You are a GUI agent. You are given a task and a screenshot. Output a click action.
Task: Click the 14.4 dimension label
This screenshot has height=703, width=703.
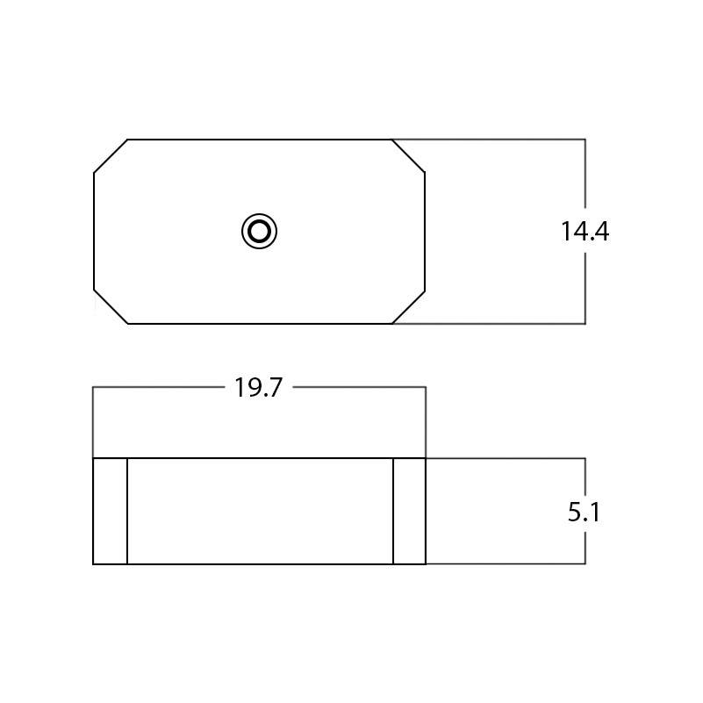coord(585,232)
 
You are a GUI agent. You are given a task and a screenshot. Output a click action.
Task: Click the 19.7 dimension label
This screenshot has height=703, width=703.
coord(258,388)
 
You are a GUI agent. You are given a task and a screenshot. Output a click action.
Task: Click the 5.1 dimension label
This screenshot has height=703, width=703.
coord(584,512)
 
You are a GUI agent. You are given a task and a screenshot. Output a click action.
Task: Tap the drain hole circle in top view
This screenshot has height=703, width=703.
coord(260,232)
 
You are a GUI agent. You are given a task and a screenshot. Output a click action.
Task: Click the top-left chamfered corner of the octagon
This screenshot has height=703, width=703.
coord(111,155)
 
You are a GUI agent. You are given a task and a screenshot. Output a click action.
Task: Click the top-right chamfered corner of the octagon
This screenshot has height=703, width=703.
coord(408,155)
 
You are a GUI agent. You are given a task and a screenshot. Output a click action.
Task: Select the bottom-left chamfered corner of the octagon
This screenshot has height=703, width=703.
coord(111,306)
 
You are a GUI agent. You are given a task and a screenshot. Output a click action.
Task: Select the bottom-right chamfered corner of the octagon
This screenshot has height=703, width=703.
coord(408,306)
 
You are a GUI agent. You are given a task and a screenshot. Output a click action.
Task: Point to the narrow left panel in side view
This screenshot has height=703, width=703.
coord(110,511)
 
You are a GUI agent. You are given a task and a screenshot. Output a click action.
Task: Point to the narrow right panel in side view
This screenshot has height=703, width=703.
coord(409,511)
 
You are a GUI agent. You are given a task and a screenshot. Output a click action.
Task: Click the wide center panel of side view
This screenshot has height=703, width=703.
coord(260,511)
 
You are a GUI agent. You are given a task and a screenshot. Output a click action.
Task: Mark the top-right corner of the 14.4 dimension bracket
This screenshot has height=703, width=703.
coord(585,139)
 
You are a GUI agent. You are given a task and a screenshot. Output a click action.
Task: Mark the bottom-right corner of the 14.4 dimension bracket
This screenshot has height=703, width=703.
coord(585,324)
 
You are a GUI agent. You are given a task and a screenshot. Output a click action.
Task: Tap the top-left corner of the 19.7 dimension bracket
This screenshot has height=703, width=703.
coord(93,387)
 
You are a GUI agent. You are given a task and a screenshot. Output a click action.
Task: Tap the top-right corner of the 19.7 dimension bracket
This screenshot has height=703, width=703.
coord(426,387)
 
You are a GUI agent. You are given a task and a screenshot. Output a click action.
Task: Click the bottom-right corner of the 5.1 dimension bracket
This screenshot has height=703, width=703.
coord(585,563)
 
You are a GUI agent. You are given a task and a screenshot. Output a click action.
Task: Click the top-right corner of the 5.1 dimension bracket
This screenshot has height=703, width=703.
coord(585,458)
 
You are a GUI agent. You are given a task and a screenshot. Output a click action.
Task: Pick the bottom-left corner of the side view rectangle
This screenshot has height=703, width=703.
coord(93,563)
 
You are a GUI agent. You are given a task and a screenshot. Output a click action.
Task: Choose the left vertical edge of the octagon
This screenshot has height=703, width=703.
coord(94,231)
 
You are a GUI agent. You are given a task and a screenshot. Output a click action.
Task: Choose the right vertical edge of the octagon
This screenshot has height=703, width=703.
coord(425,231)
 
